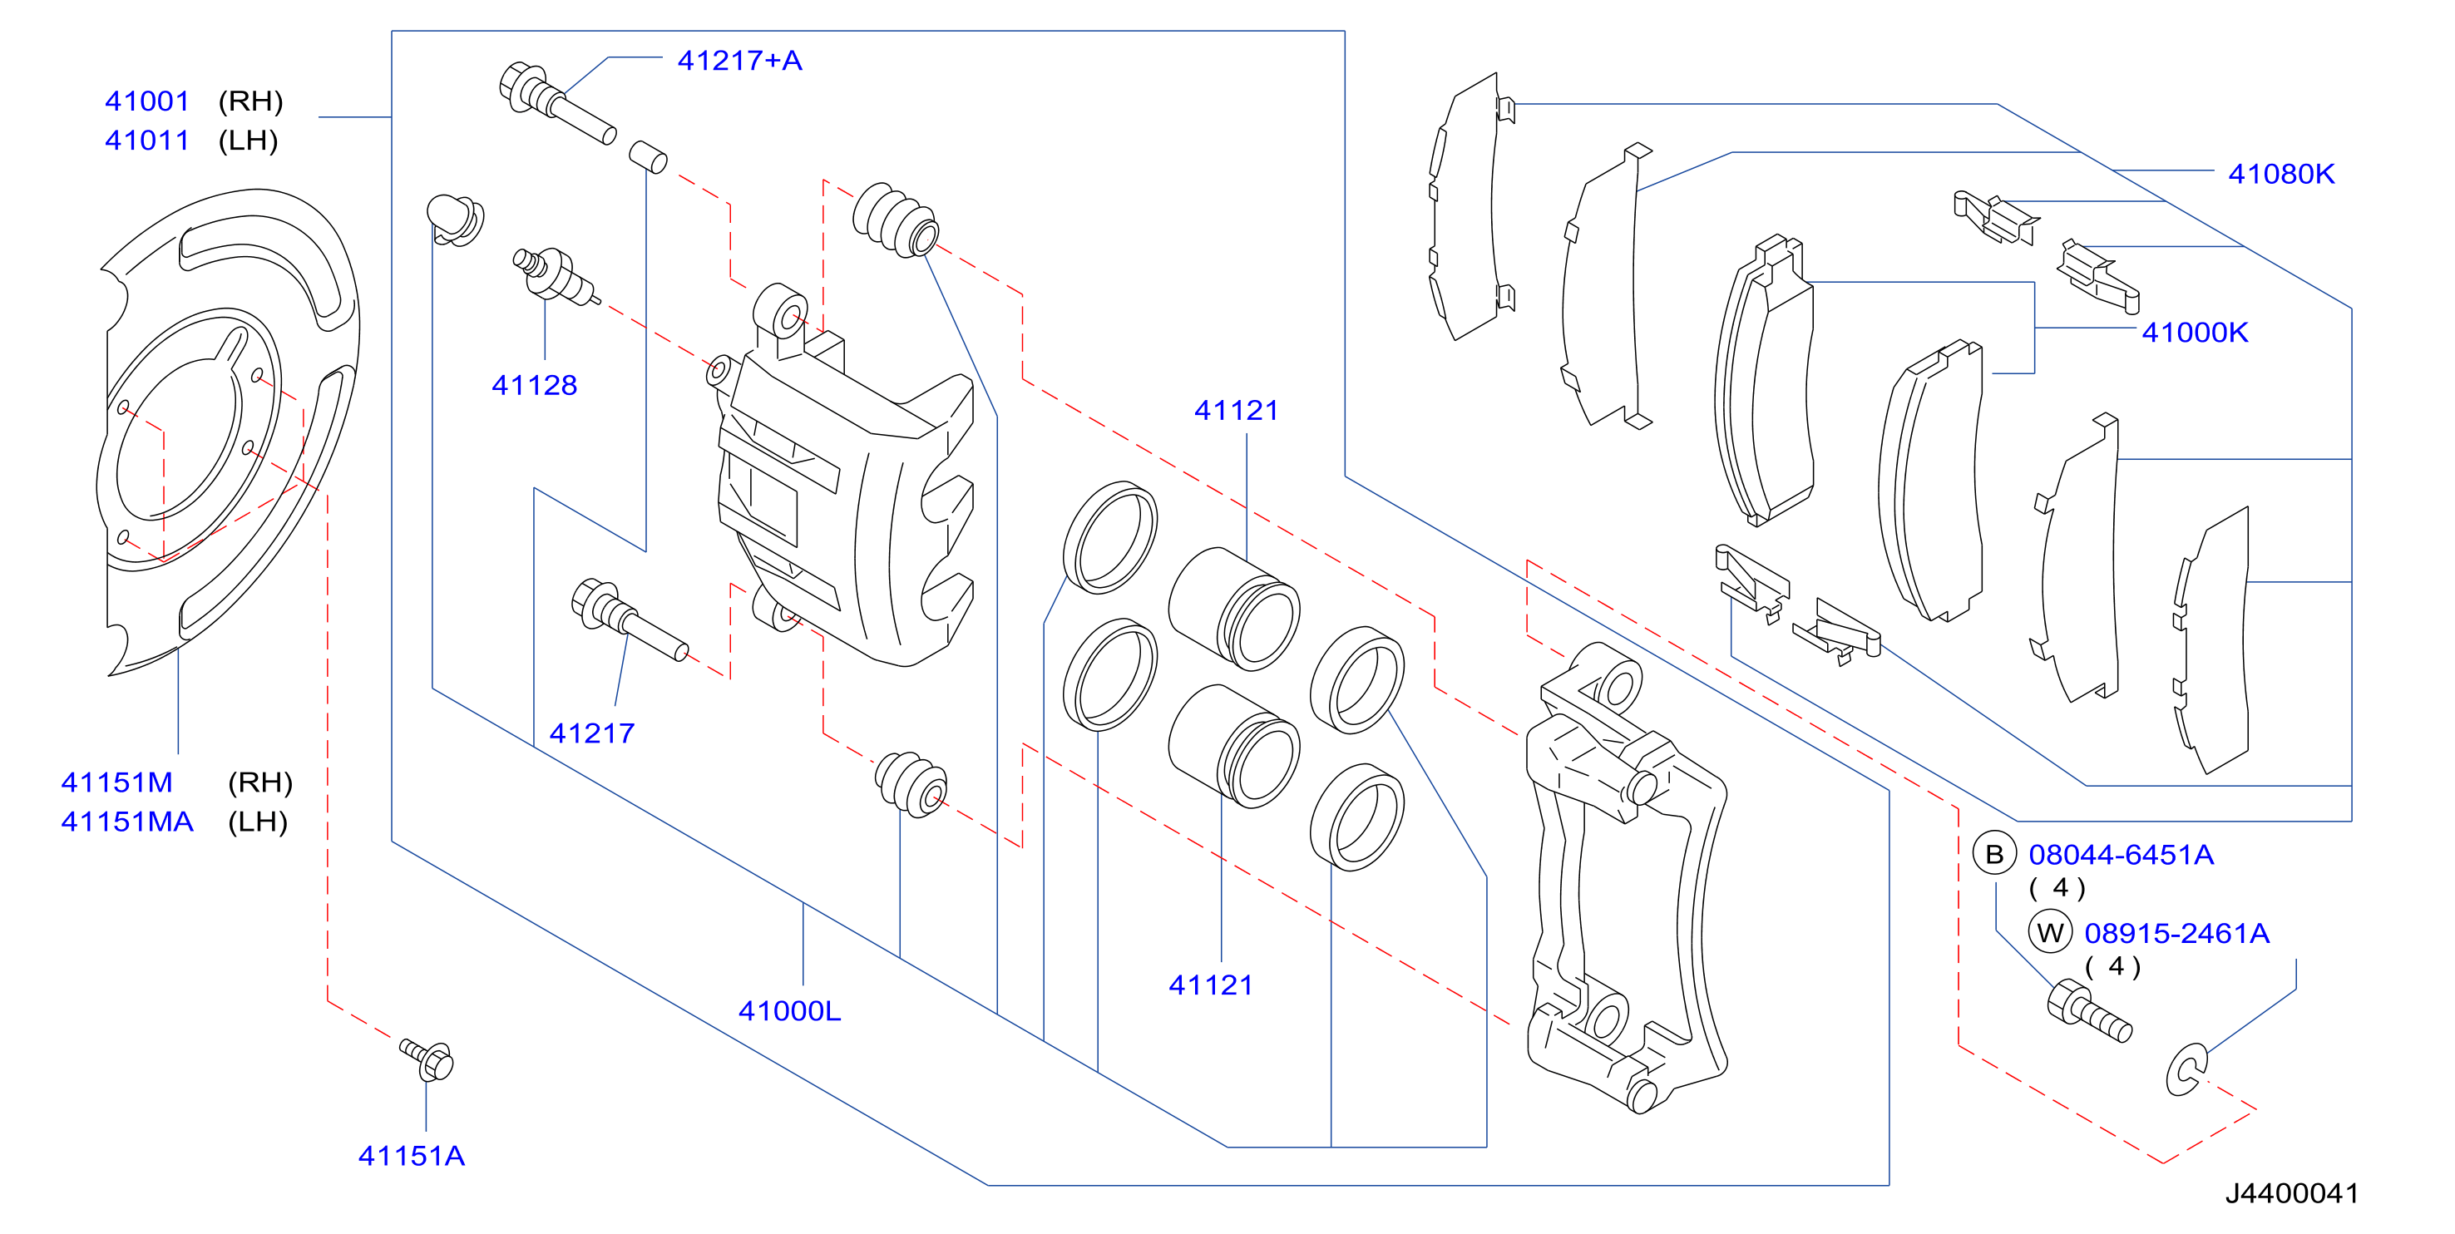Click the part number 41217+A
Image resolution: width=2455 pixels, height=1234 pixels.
(739, 60)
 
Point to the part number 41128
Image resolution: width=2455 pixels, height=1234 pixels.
(535, 385)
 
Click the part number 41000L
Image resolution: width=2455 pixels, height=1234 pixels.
(789, 1010)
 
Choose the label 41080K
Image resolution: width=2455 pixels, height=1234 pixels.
(2280, 174)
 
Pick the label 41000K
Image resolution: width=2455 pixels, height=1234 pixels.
(2195, 332)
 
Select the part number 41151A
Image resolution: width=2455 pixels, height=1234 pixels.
(412, 1156)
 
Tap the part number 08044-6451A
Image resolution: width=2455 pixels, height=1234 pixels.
(2121, 855)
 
